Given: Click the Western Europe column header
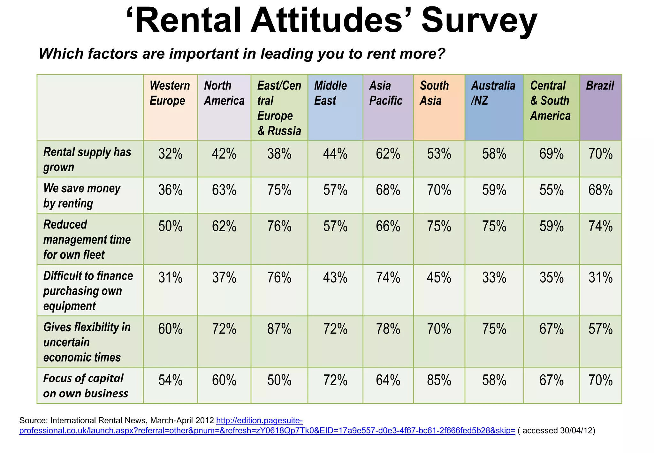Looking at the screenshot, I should pyautogui.click(x=170, y=93).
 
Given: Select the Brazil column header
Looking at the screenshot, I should pyautogui.click(x=600, y=86).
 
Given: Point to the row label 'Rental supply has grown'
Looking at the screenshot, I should pyautogui.click(x=87, y=159).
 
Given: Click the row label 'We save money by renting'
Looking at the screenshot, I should pyautogui.click(x=82, y=196).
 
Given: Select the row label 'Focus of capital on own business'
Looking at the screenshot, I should pyautogui.click(x=86, y=386).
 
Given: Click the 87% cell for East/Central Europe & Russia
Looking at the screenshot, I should pyautogui.click(x=279, y=329).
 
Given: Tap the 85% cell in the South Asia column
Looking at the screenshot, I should pyautogui.click(x=439, y=380).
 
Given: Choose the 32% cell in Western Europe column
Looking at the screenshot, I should pyautogui.click(x=170, y=154).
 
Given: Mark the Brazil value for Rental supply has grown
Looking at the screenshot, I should pyautogui.click(x=600, y=154).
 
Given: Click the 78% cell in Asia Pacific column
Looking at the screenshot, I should pyautogui.click(x=388, y=329).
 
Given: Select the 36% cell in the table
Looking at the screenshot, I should pyautogui.click(x=170, y=190).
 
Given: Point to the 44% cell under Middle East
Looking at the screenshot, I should pyautogui.click(x=335, y=154).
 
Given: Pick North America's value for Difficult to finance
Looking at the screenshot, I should pyautogui.click(x=224, y=278).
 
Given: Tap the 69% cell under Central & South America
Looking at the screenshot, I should pyautogui.click(x=551, y=154).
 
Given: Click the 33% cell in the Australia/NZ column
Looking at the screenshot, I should pyautogui.click(x=494, y=278).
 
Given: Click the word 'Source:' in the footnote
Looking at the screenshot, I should pyautogui.click(x=33, y=420).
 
